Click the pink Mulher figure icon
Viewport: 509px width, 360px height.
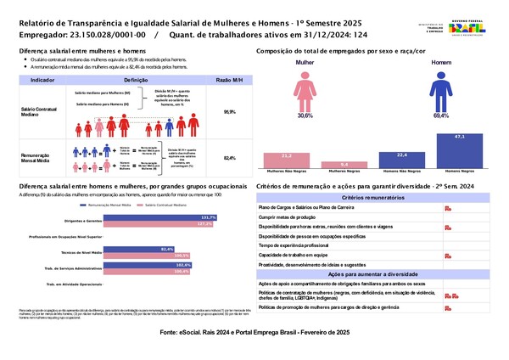tap(304, 88)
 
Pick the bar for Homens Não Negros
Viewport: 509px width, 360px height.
tap(402, 159)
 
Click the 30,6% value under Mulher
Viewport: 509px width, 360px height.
tap(304, 115)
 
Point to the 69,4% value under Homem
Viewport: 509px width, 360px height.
tap(440, 115)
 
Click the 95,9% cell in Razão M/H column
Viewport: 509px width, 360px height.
tap(229, 111)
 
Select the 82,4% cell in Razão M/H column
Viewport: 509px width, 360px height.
tap(229, 158)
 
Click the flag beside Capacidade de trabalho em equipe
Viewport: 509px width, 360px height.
tap(447, 255)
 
